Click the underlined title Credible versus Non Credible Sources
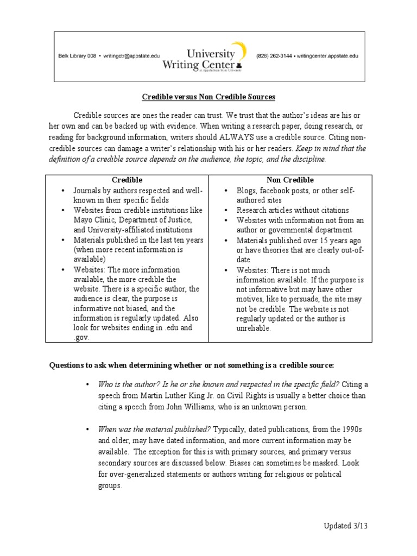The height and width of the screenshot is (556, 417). tap(208, 97)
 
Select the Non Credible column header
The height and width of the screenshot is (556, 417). tap(290, 180)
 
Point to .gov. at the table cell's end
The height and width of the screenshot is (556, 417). tap(81, 337)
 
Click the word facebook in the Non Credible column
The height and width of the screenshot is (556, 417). tap(273, 191)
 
